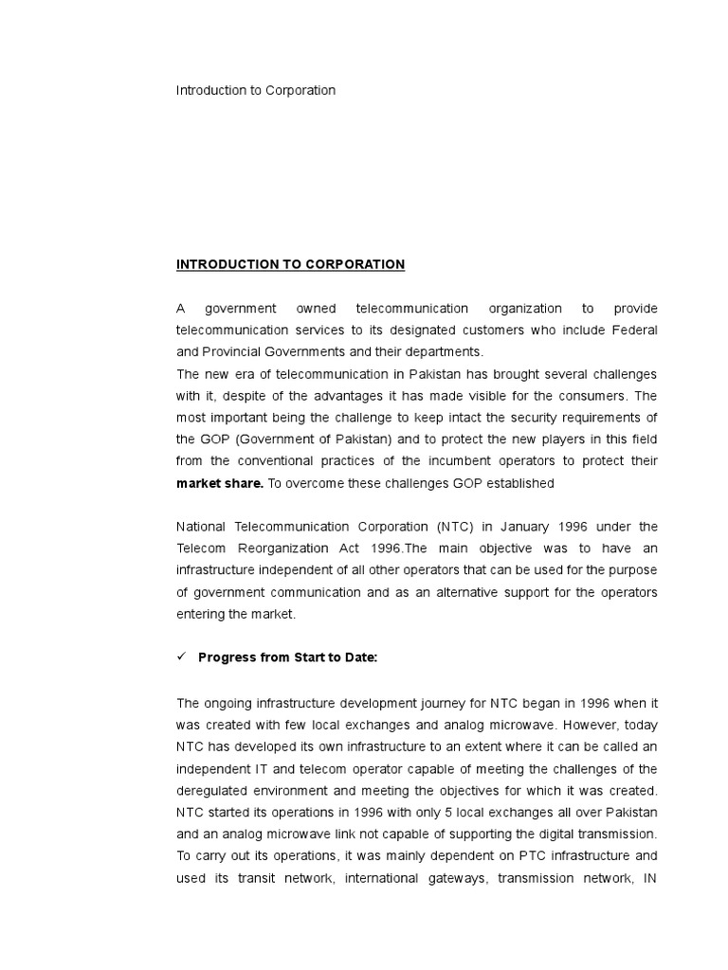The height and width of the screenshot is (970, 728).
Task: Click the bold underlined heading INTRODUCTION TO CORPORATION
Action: pyautogui.click(x=290, y=264)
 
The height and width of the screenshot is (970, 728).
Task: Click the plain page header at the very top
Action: pyautogui.click(x=256, y=91)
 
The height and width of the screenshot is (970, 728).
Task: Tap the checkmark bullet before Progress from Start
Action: pyautogui.click(x=181, y=658)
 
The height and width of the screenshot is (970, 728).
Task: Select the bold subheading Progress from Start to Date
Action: pyautogui.click(x=287, y=658)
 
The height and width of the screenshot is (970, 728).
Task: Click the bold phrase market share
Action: pyautogui.click(x=220, y=483)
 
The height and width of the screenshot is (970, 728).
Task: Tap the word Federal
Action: pyautogui.click(x=631, y=331)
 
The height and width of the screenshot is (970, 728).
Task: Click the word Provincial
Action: pyautogui.click(x=233, y=352)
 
